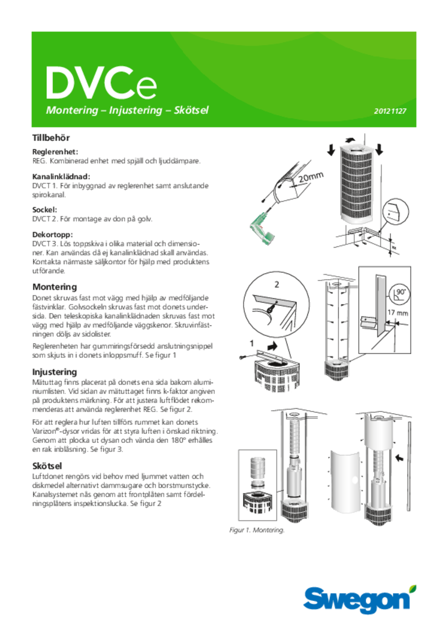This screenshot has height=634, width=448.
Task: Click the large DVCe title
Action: coord(101,83)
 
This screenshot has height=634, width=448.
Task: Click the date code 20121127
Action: coord(390,111)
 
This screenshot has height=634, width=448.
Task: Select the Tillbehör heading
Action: coord(51,138)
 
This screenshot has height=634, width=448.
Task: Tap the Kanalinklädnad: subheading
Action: coord(61,177)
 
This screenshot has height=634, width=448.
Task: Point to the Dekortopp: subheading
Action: coord(53,235)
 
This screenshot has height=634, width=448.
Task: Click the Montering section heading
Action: coord(55,287)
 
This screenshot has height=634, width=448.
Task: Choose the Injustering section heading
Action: coord(55,372)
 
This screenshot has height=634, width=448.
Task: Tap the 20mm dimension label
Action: coord(311,177)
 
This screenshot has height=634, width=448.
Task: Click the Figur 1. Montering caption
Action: coord(257,530)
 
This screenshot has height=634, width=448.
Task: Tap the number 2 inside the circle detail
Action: coord(277,285)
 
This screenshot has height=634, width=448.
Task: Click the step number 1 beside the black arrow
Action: coord(252,343)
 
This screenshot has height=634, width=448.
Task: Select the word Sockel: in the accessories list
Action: coord(45,210)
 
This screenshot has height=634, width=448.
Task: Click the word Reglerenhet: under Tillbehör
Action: coord(55,152)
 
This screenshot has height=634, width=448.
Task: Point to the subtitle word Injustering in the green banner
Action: coord(136,110)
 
